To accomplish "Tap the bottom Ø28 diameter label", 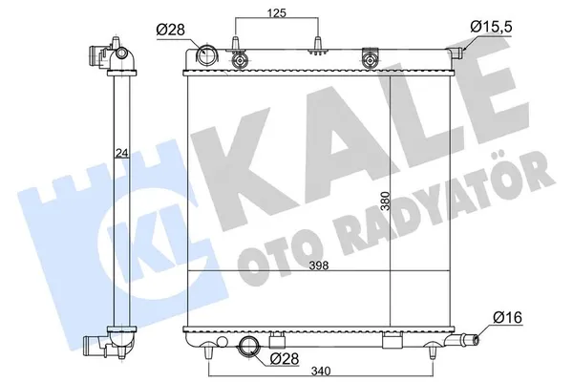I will click(x=284, y=359).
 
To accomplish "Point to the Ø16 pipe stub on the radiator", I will click(x=470, y=338).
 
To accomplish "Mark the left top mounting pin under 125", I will click(x=235, y=55).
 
